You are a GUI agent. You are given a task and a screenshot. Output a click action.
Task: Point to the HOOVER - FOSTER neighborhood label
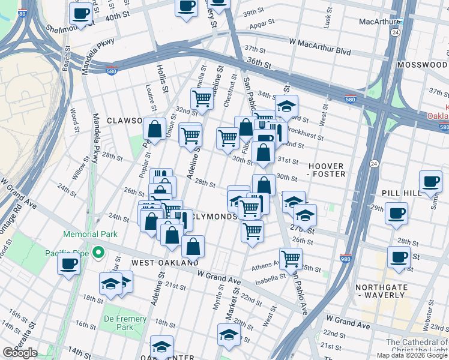(327, 170)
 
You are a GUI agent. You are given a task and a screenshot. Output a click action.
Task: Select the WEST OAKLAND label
(165, 263)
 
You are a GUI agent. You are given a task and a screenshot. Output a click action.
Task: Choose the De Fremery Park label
(125, 323)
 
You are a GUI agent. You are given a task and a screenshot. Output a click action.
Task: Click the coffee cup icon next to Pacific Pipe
(68, 263)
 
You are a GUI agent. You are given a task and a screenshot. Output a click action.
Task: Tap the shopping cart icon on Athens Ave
(291, 259)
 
